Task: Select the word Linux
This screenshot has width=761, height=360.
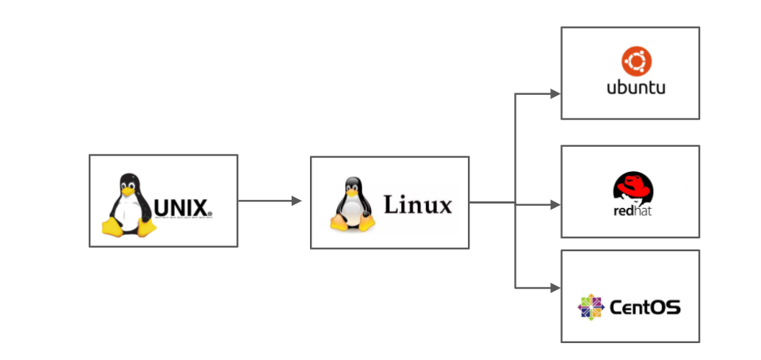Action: [x=418, y=204]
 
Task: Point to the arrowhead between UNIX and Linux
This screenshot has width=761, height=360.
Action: [x=297, y=201]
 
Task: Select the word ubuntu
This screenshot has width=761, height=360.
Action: [x=635, y=87]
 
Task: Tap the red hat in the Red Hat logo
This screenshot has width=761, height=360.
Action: [x=633, y=185]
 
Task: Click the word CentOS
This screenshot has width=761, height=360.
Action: [x=646, y=306]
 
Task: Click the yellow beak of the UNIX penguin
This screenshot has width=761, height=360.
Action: [x=129, y=190]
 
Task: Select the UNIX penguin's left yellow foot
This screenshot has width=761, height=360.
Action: [x=112, y=227]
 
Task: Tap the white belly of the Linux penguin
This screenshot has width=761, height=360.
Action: [x=353, y=213]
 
